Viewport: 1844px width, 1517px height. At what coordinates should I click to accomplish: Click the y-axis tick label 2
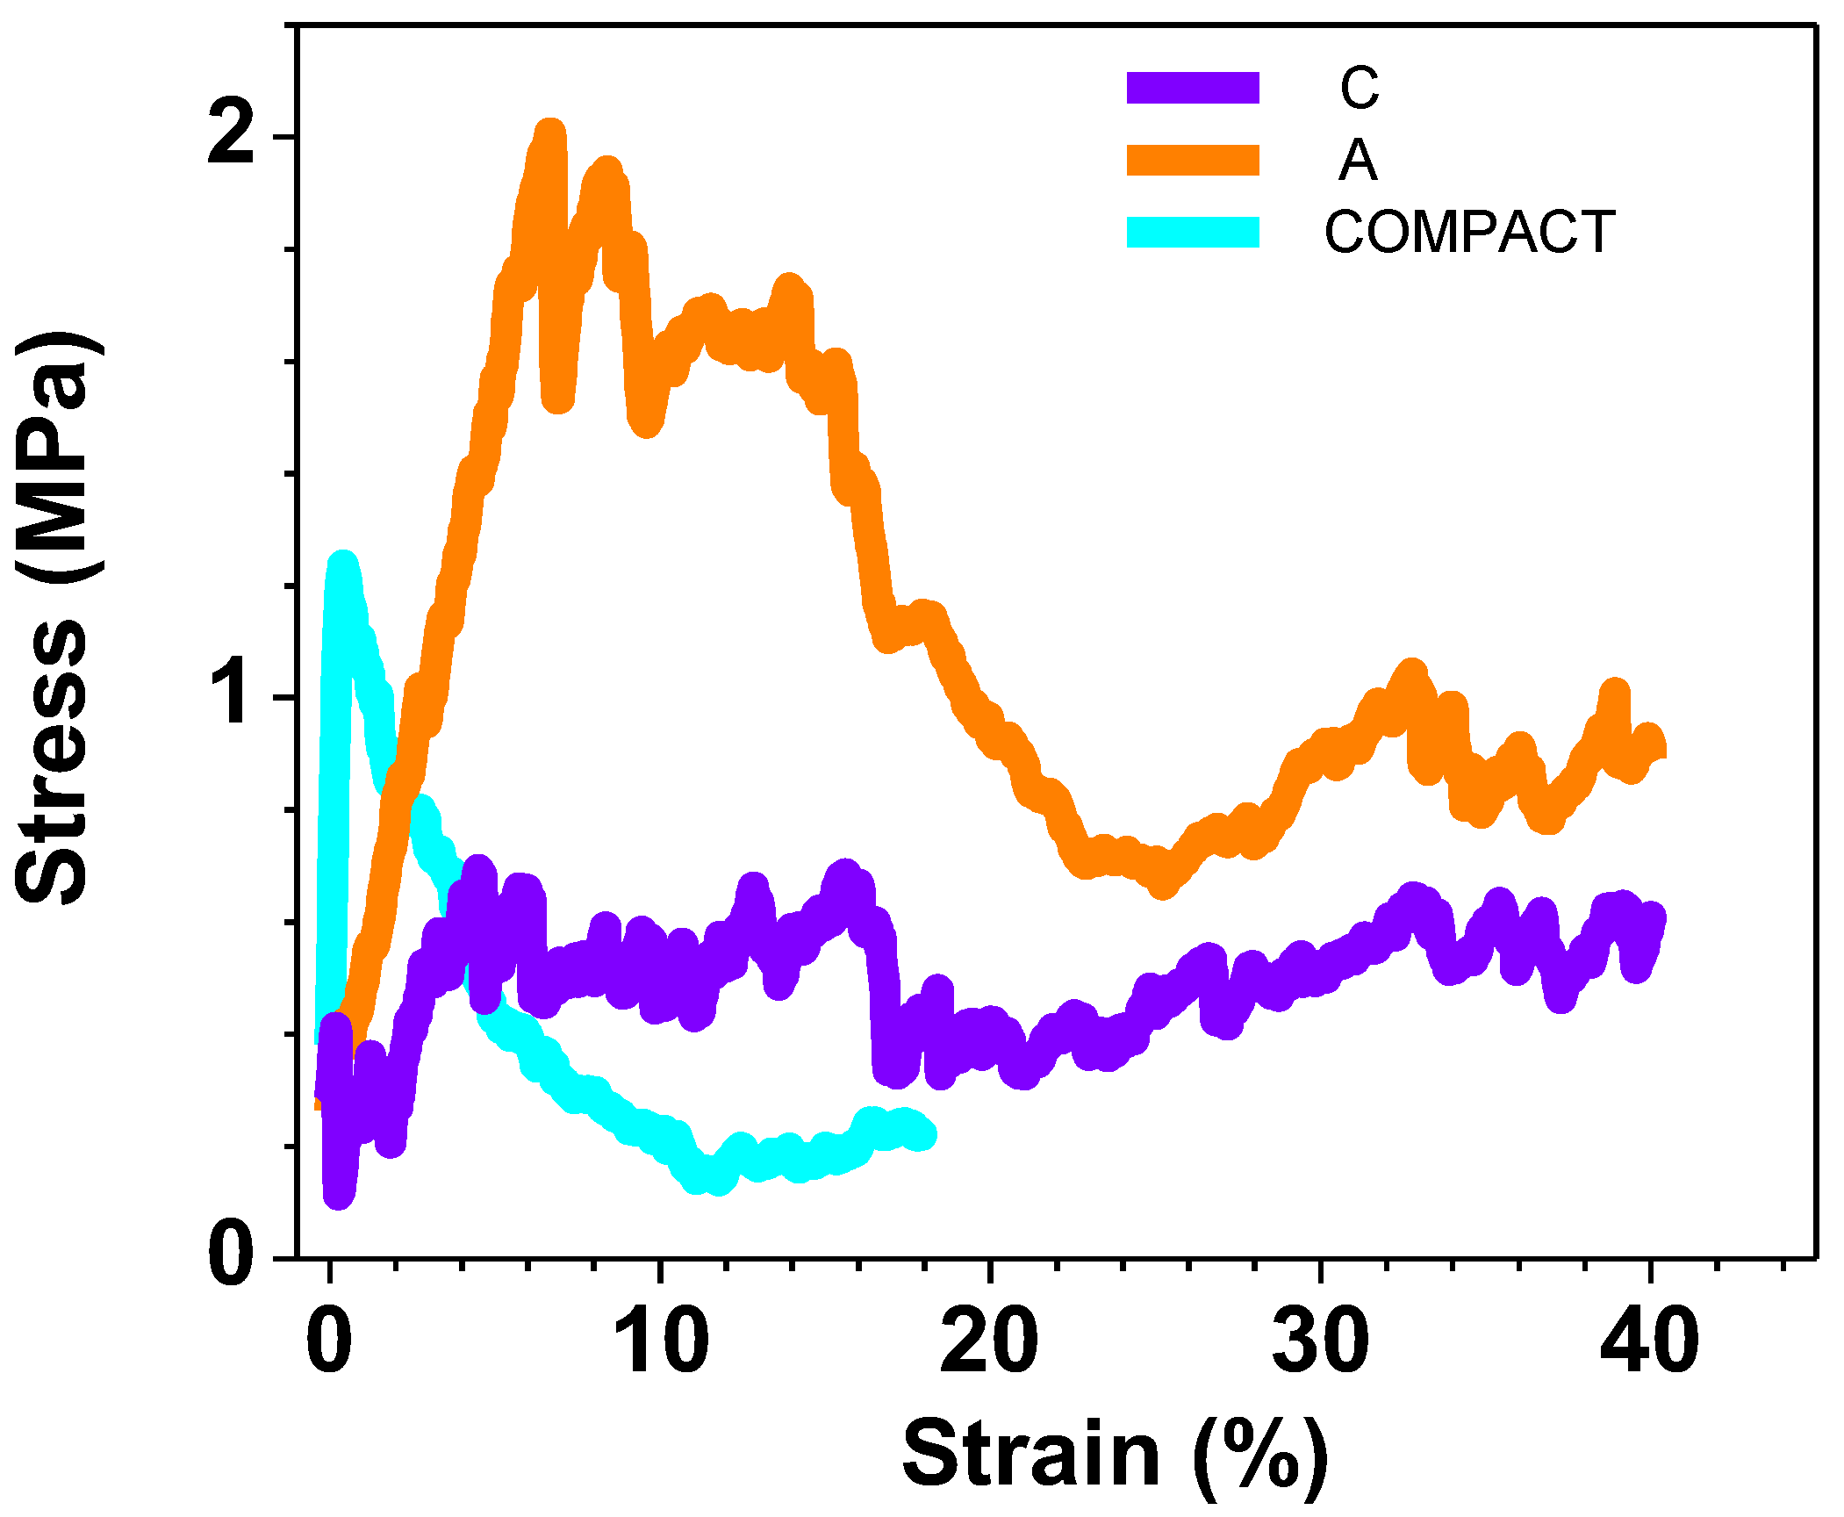click(x=232, y=137)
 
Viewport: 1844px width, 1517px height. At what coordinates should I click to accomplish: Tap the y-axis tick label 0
click(x=232, y=1255)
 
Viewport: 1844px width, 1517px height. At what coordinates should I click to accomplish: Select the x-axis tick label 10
click(x=660, y=1341)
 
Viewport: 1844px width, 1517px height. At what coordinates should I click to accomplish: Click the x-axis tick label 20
click(x=989, y=1341)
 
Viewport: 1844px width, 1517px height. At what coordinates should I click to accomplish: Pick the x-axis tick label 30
click(x=1320, y=1341)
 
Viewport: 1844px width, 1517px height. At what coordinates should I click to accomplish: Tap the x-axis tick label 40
click(x=1650, y=1341)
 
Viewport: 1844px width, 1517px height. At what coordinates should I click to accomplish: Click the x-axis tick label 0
click(x=329, y=1341)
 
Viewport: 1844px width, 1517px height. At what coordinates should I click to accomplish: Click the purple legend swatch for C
click(x=1193, y=88)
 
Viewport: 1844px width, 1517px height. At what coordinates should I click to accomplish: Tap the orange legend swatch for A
click(x=1193, y=161)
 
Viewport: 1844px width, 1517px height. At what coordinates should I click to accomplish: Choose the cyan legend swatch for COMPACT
click(x=1193, y=232)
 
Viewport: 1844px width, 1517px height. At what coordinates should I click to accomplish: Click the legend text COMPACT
click(x=1469, y=233)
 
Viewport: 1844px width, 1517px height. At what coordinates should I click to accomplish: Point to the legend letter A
click(x=1358, y=161)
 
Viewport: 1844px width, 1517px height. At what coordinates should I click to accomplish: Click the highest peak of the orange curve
click(x=550, y=132)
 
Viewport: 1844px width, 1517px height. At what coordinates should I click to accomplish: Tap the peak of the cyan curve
click(x=342, y=564)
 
